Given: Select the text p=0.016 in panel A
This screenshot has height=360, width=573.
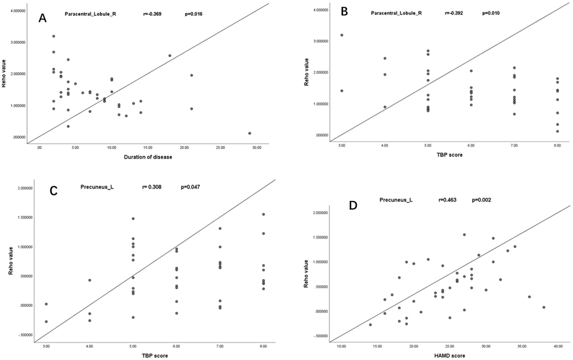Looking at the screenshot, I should coord(194,14).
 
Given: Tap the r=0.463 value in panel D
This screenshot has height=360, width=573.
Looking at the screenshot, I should coord(447,200).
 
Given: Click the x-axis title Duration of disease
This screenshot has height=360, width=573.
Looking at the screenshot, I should coord(148,157).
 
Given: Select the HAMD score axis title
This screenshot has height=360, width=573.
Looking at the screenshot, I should coord(450,356).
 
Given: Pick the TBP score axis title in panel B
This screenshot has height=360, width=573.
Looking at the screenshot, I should coord(449,154).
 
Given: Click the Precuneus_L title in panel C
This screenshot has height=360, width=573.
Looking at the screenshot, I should coord(97,187).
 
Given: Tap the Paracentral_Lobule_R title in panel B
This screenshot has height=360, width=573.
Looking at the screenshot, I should coord(396,13).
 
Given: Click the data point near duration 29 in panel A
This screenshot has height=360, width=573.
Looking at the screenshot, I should coord(250,133).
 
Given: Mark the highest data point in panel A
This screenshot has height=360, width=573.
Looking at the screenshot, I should coord(54,36).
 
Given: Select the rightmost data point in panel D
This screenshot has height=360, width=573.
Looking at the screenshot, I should coord(544,307).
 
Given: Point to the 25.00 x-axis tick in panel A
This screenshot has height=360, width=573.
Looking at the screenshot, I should coord(220,148).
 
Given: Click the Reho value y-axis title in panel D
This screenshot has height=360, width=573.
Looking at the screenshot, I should coord(306,274).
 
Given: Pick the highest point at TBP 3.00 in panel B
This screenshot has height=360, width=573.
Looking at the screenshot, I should coord(342,35).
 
